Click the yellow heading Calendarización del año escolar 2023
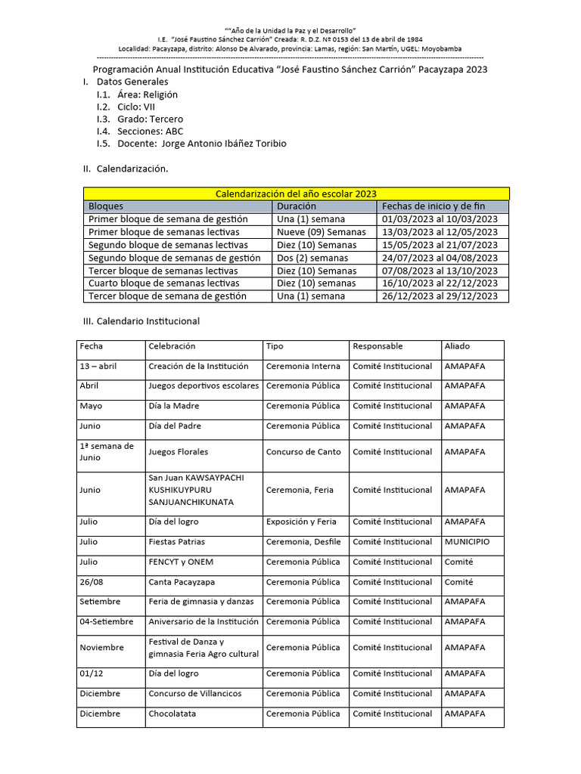[x=296, y=193]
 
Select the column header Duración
[x=297, y=206]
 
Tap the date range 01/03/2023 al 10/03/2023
[x=440, y=218]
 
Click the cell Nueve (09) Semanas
[x=321, y=232]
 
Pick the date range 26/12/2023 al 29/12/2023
[x=440, y=296]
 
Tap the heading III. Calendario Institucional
[x=141, y=321]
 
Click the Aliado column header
[x=457, y=346]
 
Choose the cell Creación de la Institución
[x=198, y=366]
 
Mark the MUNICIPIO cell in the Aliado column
[x=467, y=542]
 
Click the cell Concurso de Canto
[x=303, y=452]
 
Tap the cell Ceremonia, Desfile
[x=303, y=542]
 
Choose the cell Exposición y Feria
[x=301, y=522]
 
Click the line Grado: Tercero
[x=150, y=119]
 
